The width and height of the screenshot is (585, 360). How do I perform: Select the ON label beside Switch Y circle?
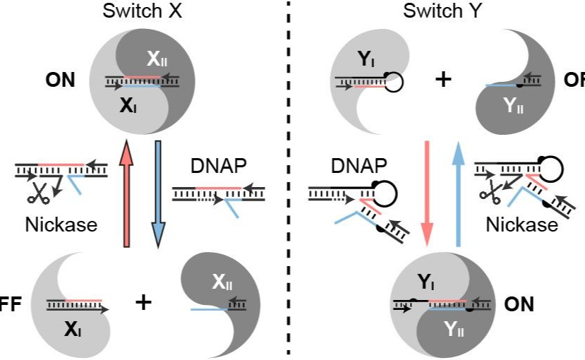[x=519, y=304]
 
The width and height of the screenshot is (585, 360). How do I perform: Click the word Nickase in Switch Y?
[x=521, y=225]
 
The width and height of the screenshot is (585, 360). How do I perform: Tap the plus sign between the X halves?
[x=144, y=303]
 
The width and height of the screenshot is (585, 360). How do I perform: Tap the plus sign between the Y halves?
[x=442, y=78]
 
